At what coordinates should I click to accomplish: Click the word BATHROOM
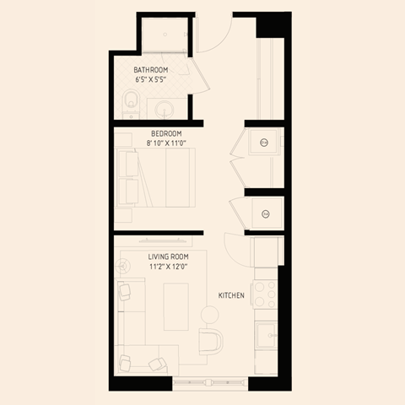151,69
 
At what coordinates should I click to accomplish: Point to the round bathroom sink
162,107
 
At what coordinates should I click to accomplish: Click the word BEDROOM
166,133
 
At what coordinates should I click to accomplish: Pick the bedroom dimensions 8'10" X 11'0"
166,143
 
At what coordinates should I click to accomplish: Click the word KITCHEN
232,295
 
